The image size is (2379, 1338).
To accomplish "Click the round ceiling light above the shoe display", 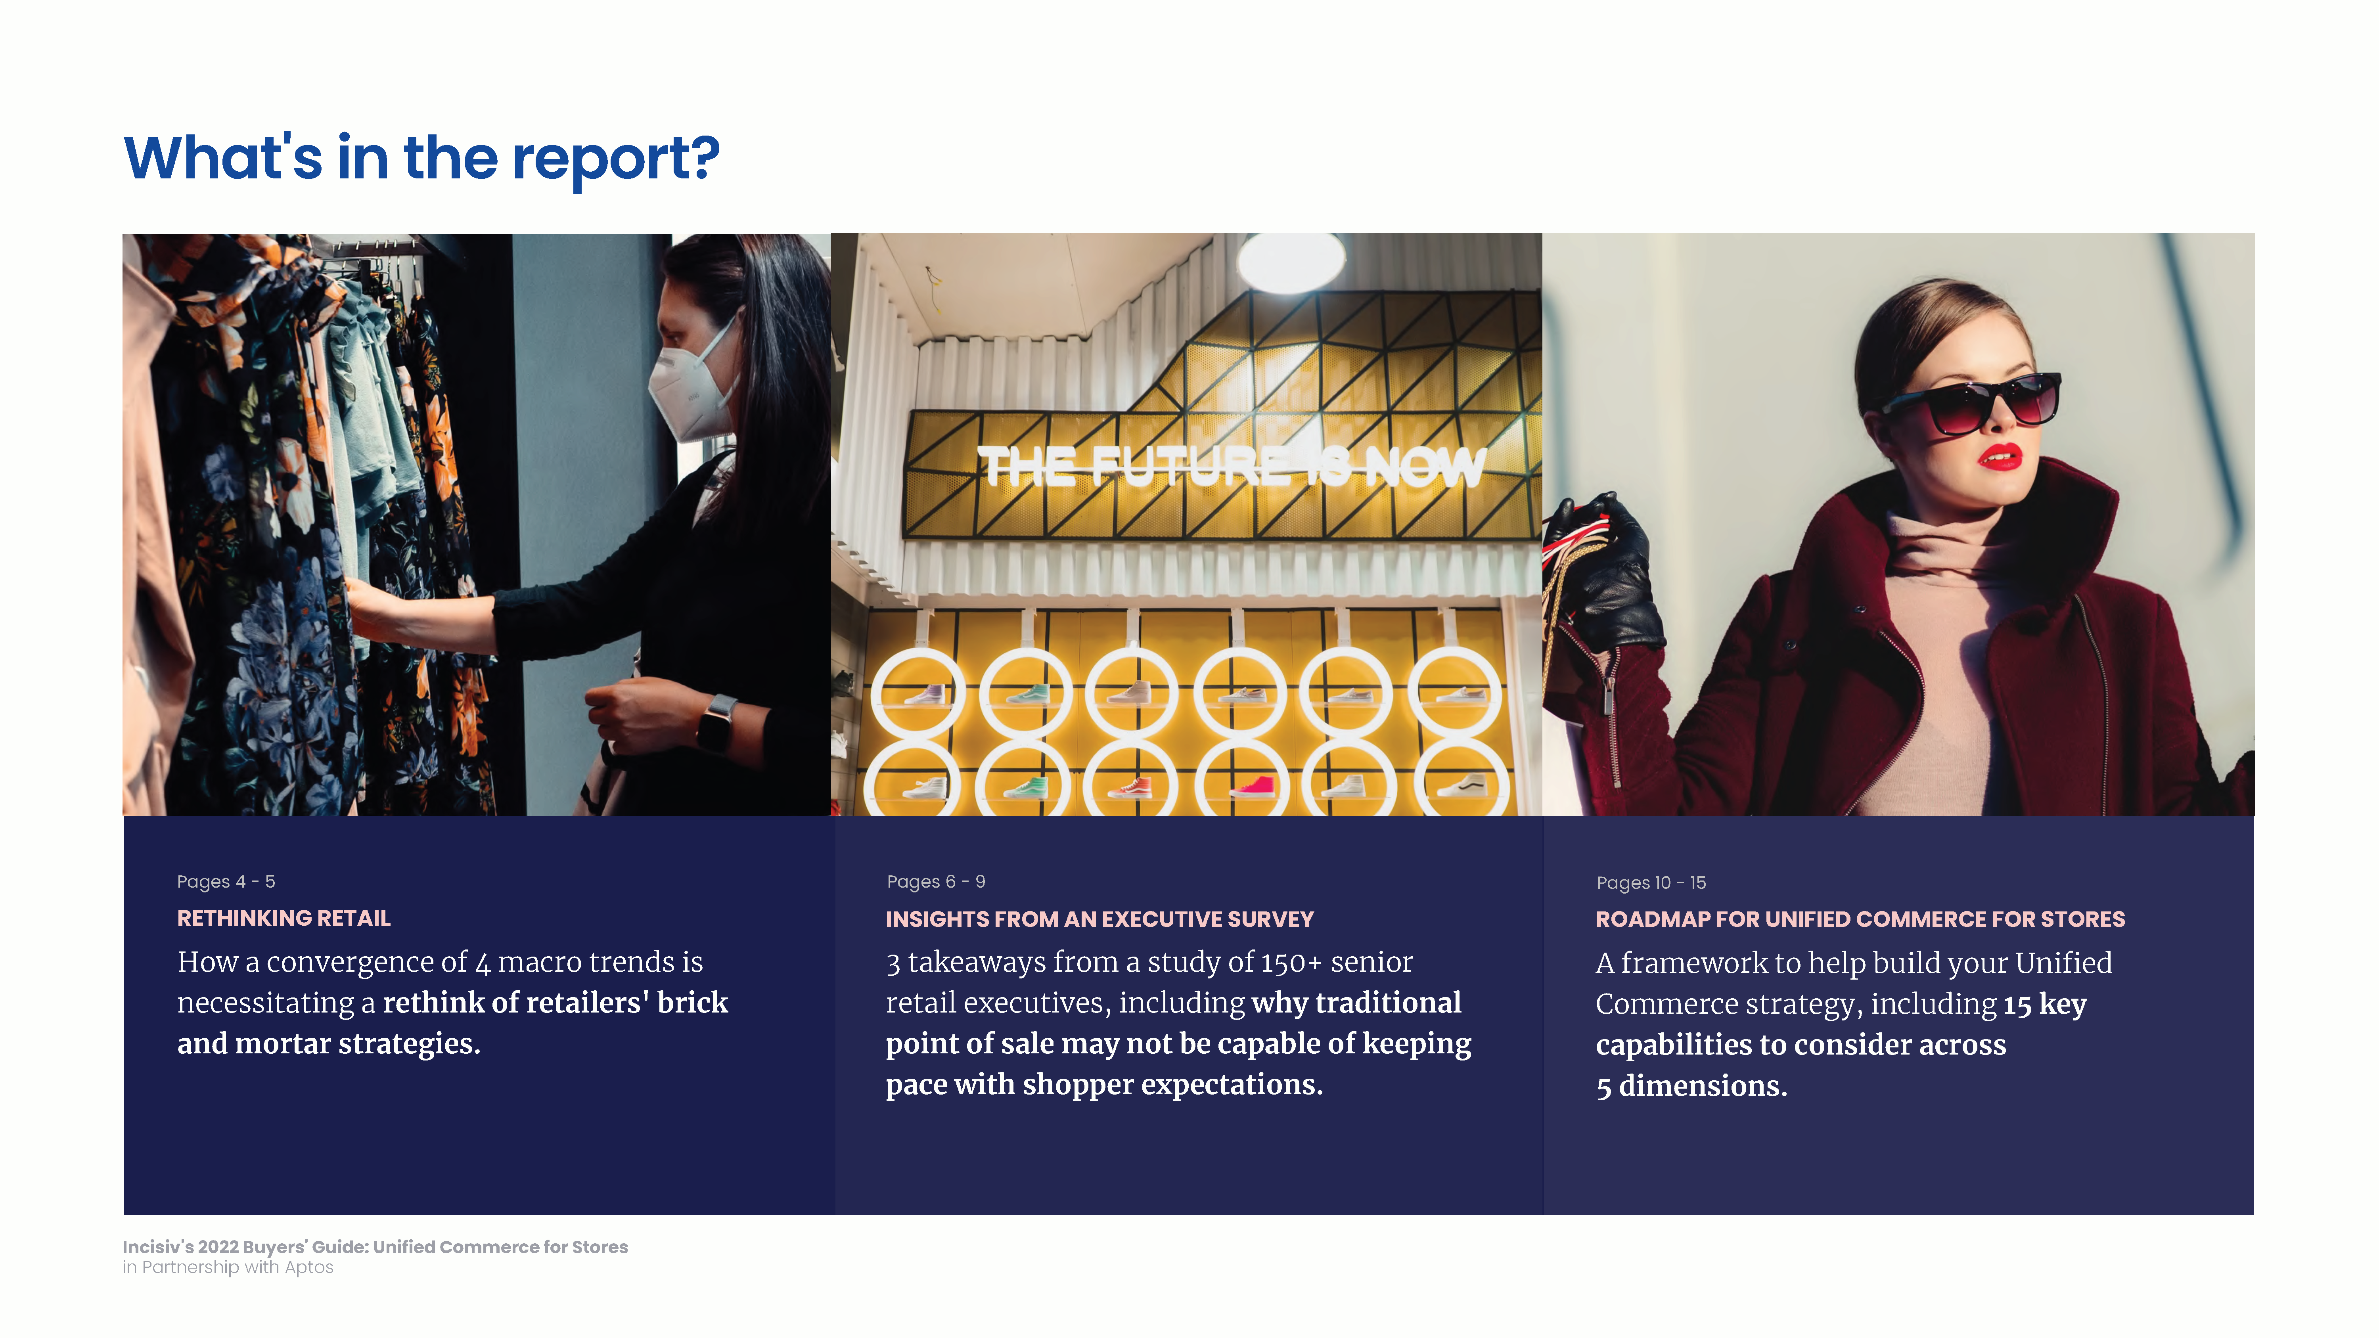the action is [x=1291, y=262].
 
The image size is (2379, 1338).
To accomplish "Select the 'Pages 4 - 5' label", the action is [x=226, y=882].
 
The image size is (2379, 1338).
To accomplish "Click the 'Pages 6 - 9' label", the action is [x=935, y=882].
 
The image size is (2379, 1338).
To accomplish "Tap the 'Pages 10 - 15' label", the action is [x=1651, y=883].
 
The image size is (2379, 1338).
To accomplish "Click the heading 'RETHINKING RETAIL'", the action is [x=283, y=918].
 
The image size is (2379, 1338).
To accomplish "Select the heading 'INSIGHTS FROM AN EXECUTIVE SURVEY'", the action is [x=1099, y=919].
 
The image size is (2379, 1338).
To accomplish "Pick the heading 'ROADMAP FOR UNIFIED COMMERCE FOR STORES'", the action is [x=1860, y=919].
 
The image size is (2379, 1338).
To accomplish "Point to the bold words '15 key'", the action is [x=2045, y=1004].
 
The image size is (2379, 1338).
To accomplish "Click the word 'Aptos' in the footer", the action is [x=309, y=1268].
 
